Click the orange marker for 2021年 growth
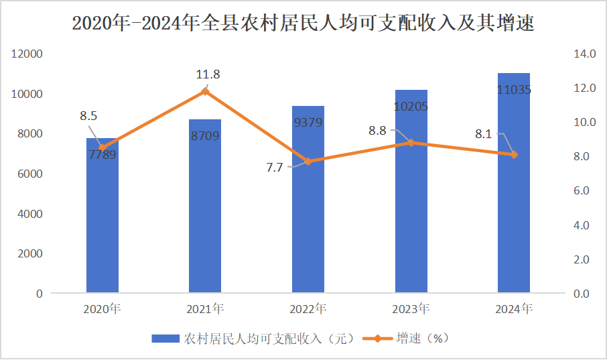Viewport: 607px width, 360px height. point(205,91)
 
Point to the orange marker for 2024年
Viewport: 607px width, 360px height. point(514,155)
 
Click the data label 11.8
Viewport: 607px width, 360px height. point(208,74)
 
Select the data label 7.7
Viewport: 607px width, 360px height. point(275,168)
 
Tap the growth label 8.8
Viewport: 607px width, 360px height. point(377,131)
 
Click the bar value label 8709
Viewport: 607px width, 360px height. point(205,137)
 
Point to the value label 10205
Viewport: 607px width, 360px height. point(411,107)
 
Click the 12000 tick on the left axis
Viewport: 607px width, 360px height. point(30,54)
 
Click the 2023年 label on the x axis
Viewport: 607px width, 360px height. point(411,309)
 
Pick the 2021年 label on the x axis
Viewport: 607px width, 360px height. point(205,309)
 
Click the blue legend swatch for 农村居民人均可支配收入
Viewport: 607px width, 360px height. point(165,339)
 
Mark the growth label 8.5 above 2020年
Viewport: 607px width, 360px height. point(88,116)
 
